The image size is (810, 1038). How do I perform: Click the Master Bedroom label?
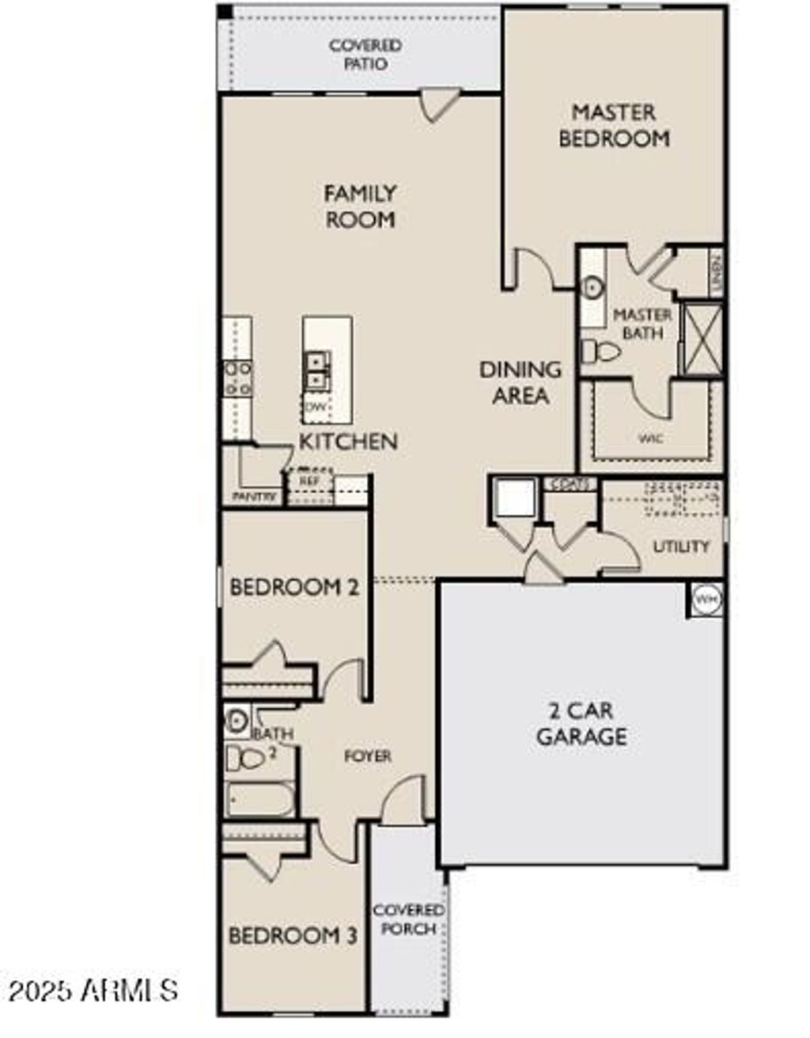(x=614, y=125)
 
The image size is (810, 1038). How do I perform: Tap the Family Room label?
(x=360, y=206)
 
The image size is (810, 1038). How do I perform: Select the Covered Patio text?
(x=365, y=55)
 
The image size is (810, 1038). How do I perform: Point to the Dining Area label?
(x=520, y=382)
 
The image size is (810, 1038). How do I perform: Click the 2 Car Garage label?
(x=581, y=724)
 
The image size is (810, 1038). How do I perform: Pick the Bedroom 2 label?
(x=294, y=587)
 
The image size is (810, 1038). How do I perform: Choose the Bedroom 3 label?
(x=293, y=935)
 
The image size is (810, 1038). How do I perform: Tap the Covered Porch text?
(x=408, y=919)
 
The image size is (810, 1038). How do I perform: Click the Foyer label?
(x=368, y=756)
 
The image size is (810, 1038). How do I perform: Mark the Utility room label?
(x=680, y=546)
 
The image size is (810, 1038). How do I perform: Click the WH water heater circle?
(x=706, y=599)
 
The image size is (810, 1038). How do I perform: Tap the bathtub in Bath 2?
(x=259, y=799)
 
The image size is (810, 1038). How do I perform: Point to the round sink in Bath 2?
(x=237, y=720)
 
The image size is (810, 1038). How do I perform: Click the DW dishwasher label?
(x=316, y=407)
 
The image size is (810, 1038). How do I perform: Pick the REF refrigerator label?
(x=308, y=480)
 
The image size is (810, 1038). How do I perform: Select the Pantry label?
(x=254, y=496)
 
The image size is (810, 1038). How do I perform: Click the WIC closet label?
(x=650, y=438)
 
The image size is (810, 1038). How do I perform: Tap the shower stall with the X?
(x=701, y=338)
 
